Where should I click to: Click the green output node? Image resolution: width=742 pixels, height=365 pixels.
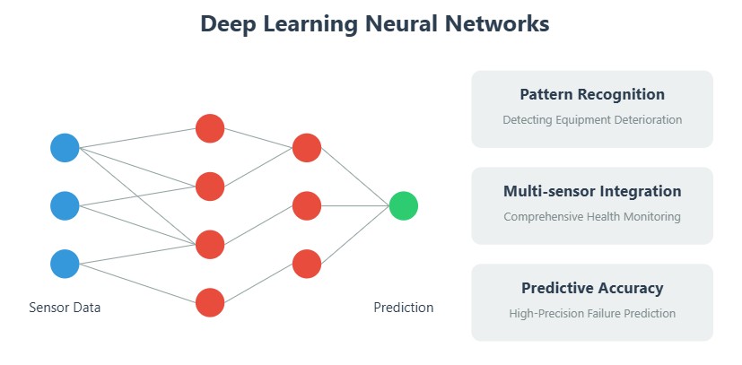point(403,205)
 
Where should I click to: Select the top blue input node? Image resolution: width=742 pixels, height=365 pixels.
point(65,147)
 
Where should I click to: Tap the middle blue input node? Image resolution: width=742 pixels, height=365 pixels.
point(65,205)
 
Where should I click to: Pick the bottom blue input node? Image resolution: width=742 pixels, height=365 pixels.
point(65,264)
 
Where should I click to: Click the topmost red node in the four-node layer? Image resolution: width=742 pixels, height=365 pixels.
point(210,128)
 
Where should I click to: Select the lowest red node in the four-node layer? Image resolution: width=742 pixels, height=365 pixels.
point(210,302)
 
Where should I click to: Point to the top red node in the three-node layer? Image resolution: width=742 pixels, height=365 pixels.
point(307,147)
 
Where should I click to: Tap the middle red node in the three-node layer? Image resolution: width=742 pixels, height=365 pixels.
point(307,205)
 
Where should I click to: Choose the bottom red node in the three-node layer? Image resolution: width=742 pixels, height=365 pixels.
point(307,264)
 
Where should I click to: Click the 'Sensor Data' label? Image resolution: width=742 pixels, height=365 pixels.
point(65,308)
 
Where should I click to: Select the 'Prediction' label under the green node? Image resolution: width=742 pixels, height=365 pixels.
point(404,308)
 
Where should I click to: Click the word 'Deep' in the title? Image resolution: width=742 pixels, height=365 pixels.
point(228,24)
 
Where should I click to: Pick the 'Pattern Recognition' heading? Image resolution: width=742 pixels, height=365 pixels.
point(592,94)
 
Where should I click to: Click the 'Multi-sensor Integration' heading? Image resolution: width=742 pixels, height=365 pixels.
point(592,191)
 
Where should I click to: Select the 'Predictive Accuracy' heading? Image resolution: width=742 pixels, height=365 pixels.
point(592,288)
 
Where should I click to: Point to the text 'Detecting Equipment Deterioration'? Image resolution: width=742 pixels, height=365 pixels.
point(592,119)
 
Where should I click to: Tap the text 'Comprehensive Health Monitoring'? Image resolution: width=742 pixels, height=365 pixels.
point(592,216)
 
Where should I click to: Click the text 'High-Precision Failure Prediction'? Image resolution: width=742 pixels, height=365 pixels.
point(592,313)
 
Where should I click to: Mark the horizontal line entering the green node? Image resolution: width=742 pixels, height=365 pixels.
point(355,205)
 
